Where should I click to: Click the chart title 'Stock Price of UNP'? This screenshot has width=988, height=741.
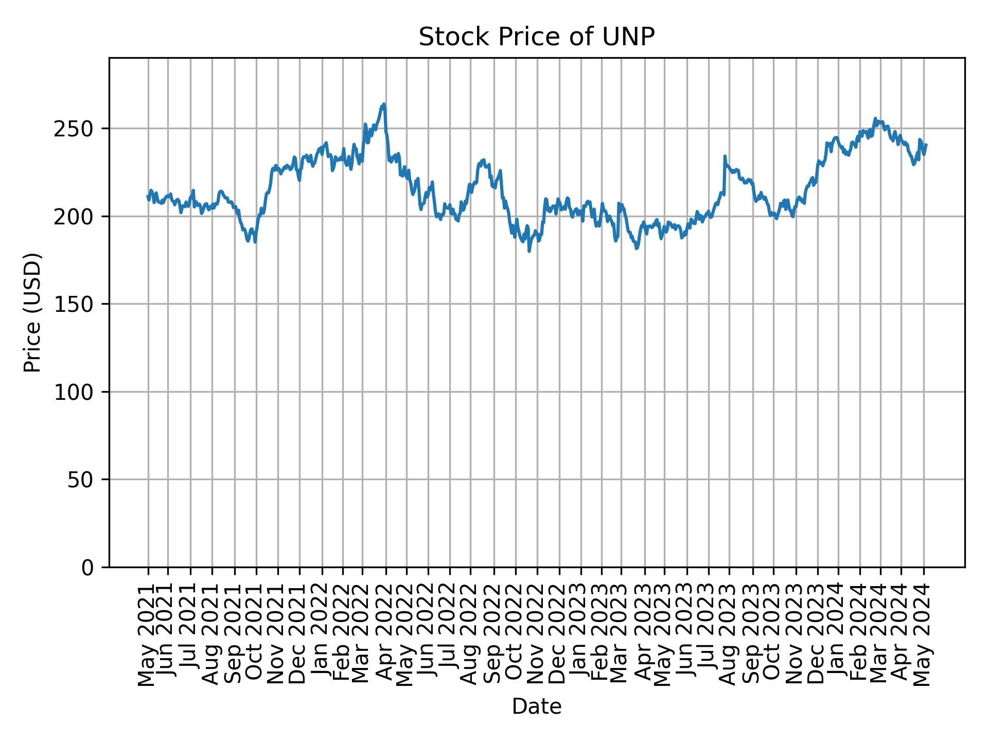pos(536,37)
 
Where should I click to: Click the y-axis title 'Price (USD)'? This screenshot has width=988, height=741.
pos(32,312)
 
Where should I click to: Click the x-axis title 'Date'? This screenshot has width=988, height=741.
pos(536,707)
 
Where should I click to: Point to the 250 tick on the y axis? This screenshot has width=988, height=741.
pos(78,129)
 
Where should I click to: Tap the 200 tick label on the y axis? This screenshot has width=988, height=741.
pos(78,216)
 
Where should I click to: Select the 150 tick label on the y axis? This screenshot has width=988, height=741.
pos(78,304)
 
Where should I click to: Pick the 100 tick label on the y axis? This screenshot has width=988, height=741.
pos(78,392)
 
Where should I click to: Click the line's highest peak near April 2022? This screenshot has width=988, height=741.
pos(384,104)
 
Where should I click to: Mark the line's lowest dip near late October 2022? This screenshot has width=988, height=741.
pos(529,251)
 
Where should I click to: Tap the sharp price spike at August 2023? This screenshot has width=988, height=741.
pos(725,156)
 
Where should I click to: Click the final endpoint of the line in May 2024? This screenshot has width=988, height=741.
pos(926,145)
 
